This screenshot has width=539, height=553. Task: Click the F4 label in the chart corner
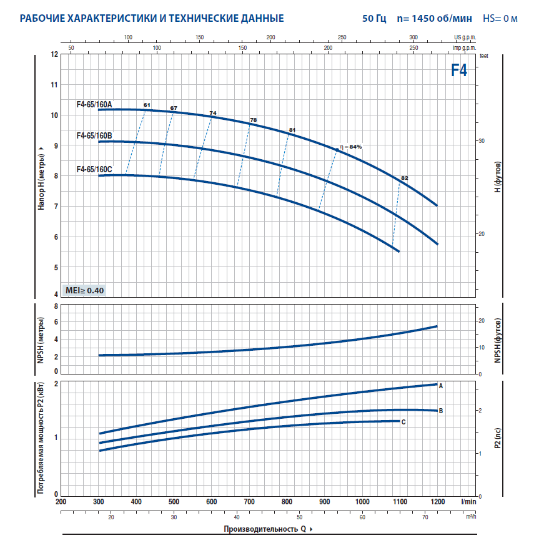tap(459, 70)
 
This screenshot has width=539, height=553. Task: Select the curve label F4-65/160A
tap(94, 105)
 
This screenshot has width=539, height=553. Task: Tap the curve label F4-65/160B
tap(94, 136)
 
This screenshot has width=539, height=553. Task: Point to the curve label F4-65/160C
tap(94, 169)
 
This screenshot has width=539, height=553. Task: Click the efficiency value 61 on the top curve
tap(147, 104)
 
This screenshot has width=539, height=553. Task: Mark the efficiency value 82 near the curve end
tap(404, 179)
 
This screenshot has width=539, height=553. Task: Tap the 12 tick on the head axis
tap(54, 54)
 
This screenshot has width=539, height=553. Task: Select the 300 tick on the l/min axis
tap(99, 502)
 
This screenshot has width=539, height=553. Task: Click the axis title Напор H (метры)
tap(41, 178)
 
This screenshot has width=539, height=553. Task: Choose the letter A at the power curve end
tap(440, 386)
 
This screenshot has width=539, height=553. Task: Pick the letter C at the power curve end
tap(403, 423)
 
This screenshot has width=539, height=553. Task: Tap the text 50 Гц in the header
tap(374, 18)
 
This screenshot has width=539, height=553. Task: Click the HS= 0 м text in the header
tap(500, 18)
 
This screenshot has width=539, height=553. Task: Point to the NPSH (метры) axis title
tap(41, 340)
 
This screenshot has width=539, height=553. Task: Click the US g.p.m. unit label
tap(465, 38)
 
